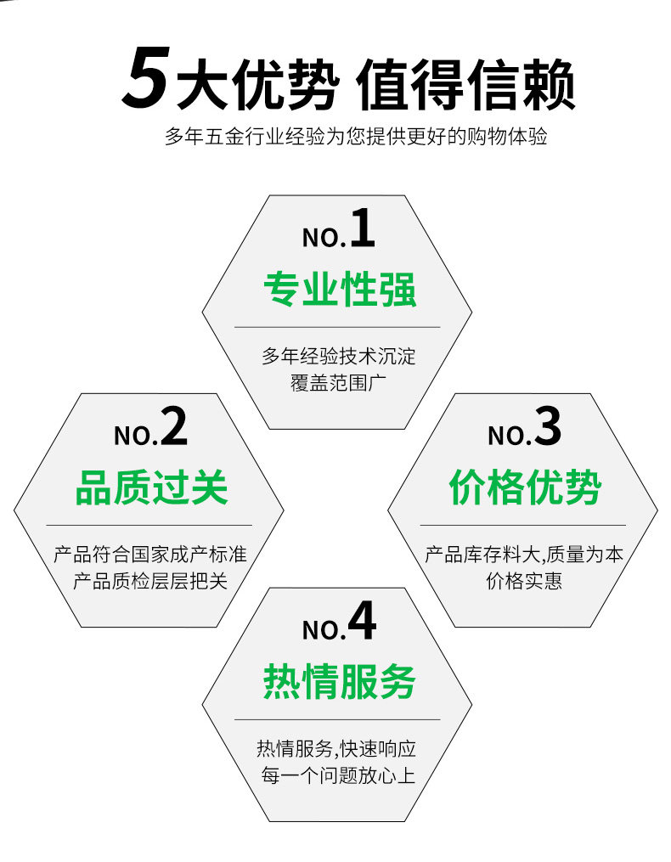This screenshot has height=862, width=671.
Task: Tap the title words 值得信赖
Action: pos(465,84)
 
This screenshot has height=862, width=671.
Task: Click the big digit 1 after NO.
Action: pos(362,230)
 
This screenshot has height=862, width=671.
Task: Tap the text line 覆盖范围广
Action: pos(338,380)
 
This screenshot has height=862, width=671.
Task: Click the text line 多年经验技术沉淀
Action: pos(338,355)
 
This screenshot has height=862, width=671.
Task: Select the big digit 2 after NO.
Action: pos(173,428)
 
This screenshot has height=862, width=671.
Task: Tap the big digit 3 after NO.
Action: pos(548,428)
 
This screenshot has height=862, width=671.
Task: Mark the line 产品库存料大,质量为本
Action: pos(524,555)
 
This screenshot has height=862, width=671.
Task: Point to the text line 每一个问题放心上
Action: pos(338,775)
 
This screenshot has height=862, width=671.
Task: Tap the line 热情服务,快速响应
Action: pos(338,749)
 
